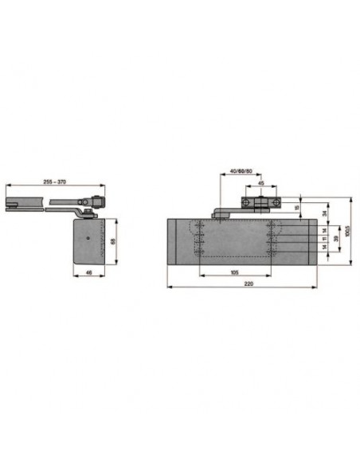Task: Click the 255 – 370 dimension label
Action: pyautogui.click(x=55, y=182)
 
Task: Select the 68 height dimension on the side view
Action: pyautogui.click(x=113, y=241)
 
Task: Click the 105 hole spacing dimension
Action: pyautogui.click(x=235, y=272)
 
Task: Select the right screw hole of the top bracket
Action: pyautogui.click(x=275, y=203)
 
